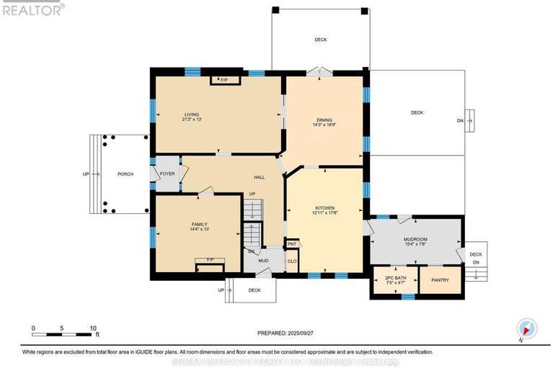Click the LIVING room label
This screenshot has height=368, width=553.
click(191, 115)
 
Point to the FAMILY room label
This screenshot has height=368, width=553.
click(199, 224)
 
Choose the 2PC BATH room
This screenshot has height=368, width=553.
click(395, 280)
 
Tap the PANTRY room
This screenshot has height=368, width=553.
click(440, 279)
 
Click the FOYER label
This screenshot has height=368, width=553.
click(167, 174)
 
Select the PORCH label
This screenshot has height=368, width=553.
click(126, 174)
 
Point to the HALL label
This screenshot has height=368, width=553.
click(259, 177)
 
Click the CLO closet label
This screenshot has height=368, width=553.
click(292, 261)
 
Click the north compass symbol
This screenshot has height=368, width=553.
click(527, 329)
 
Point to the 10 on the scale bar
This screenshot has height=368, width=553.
click(93, 328)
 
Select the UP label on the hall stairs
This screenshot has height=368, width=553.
click(252, 194)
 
